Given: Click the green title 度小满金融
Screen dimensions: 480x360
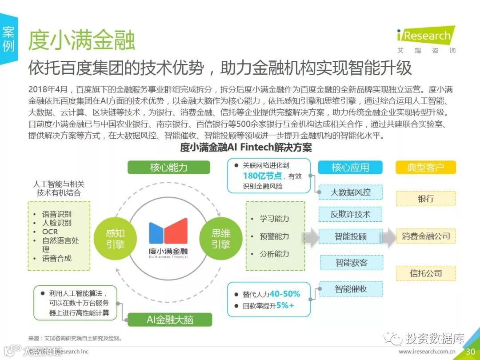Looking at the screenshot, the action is [82, 40].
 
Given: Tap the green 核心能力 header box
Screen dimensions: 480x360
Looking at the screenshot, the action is [168, 167].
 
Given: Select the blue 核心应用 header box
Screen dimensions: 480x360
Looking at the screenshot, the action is [350, 167].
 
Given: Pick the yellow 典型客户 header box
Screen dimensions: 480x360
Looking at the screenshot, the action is [425, 167].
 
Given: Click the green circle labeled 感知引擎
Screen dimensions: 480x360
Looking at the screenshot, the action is [115, 239].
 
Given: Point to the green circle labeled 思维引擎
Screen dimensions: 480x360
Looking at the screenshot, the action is [221, 239].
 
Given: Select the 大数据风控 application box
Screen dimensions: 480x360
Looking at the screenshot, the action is [350, 192].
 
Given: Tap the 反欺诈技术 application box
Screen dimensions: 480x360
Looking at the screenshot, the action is [350, 214].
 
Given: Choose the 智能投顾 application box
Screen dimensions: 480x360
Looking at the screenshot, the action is [350, 236].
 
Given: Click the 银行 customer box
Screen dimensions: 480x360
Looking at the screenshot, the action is [425, 199].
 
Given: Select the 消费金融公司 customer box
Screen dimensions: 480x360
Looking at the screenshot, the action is [426, 236].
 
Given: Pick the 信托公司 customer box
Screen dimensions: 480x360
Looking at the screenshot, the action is [426, 273].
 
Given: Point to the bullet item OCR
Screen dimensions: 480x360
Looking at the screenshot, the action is [50, 232].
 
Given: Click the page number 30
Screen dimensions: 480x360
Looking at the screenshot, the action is [470, 351].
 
